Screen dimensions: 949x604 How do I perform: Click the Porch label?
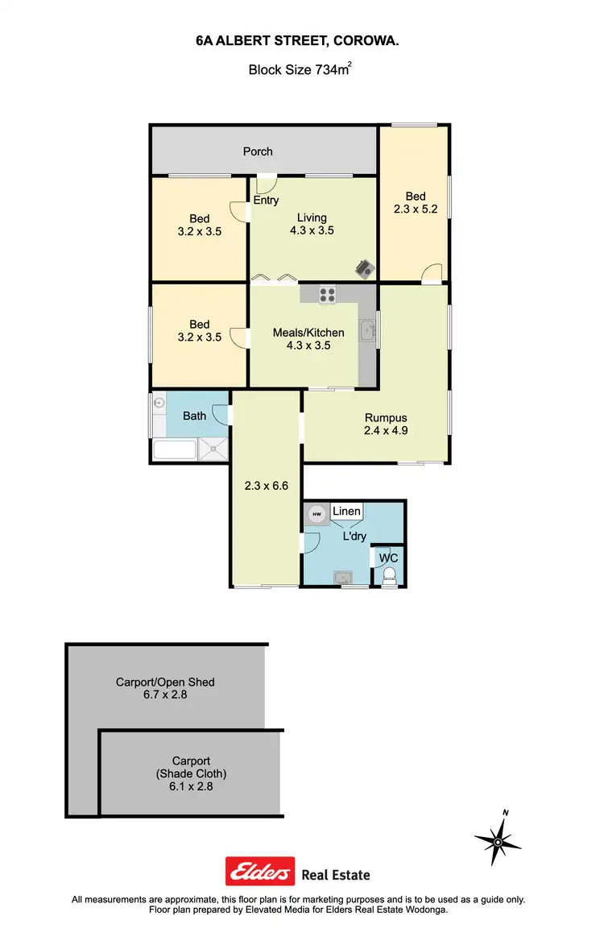(258, 151)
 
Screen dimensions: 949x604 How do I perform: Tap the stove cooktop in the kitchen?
(327, 295)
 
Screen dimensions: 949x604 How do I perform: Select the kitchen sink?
(367, 329)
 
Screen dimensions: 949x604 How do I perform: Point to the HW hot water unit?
(316, 514)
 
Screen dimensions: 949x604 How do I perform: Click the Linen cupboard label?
(346, 512)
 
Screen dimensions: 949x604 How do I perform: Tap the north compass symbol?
(498, 841)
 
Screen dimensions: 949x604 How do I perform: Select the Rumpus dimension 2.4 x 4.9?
(387, 431)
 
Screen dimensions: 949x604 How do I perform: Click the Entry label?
(266, 200)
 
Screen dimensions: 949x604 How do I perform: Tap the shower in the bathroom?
(213, 450)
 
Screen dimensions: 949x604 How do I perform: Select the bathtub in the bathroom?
(175, 450)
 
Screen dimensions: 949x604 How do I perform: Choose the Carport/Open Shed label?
(165, 682)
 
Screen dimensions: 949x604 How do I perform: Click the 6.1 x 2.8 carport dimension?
(191, 786)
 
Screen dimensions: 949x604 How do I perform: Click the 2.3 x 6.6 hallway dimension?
(266, 486)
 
